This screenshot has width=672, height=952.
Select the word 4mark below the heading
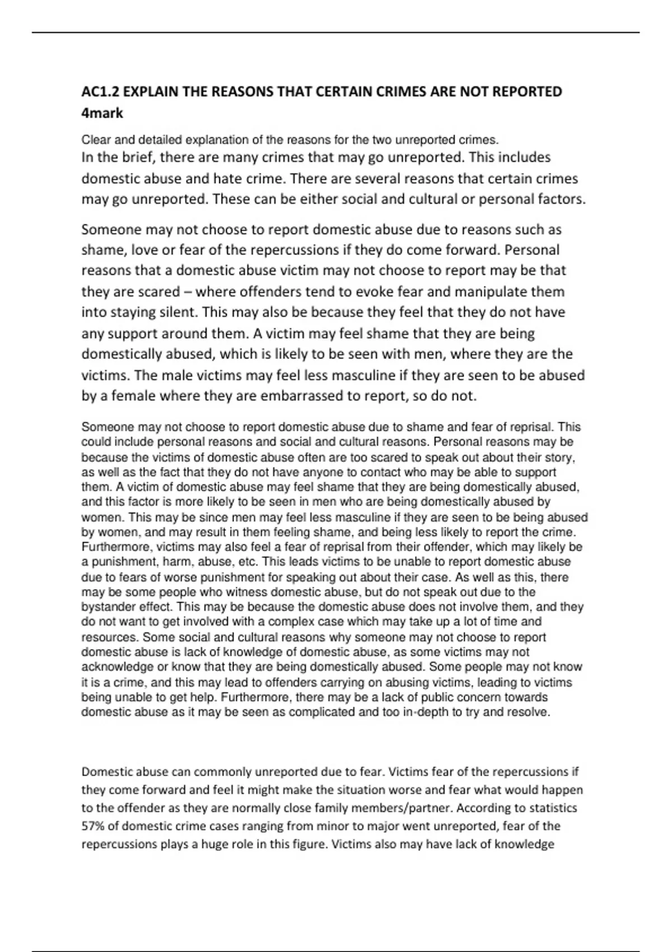point(102,113)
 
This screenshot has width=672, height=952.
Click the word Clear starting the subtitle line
point(96,139)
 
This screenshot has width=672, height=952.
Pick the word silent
point(176,312)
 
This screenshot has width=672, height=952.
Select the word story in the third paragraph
point(558,457)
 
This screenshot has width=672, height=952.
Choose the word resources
point(109,637)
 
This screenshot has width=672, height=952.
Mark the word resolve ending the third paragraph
point(531,712)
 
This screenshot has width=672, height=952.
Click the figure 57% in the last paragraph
point(93,826)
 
